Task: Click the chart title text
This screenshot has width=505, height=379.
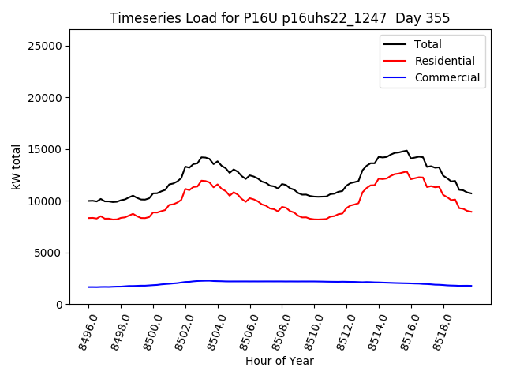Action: coord(279,18)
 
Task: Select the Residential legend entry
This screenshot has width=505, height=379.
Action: coord(444,61)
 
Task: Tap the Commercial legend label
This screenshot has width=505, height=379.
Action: coord(447,77)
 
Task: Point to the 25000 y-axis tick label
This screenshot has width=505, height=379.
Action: coord(46,46)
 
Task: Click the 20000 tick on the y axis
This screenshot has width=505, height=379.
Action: coord(46,98)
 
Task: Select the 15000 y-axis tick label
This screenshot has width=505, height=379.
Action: coord(46,149)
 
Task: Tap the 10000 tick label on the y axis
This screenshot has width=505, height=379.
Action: coord(46,201)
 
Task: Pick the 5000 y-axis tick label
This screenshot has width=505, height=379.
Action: coord(49,253)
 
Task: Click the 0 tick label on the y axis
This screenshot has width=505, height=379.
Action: coord(60,305)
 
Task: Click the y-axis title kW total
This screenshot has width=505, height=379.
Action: coord(16,167)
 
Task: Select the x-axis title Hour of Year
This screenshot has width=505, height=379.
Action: coord(279,362)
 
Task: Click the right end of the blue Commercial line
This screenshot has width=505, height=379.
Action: coord(471,286)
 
